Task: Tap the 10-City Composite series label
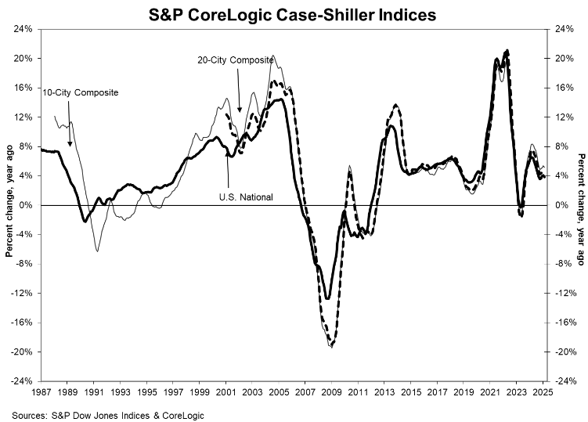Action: click(x=81, y=92)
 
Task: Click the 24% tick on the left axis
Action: click(x=22, y=29)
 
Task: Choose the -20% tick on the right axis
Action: click(x=561, y=352)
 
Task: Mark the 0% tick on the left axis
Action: click(x=25, y=205)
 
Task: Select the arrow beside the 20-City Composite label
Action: click(x=240, y=100)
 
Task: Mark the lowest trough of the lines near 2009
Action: click(x=332, y=346)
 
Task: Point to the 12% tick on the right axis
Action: click(x=561, y=117)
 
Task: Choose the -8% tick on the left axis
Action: click(x=23, y=264)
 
